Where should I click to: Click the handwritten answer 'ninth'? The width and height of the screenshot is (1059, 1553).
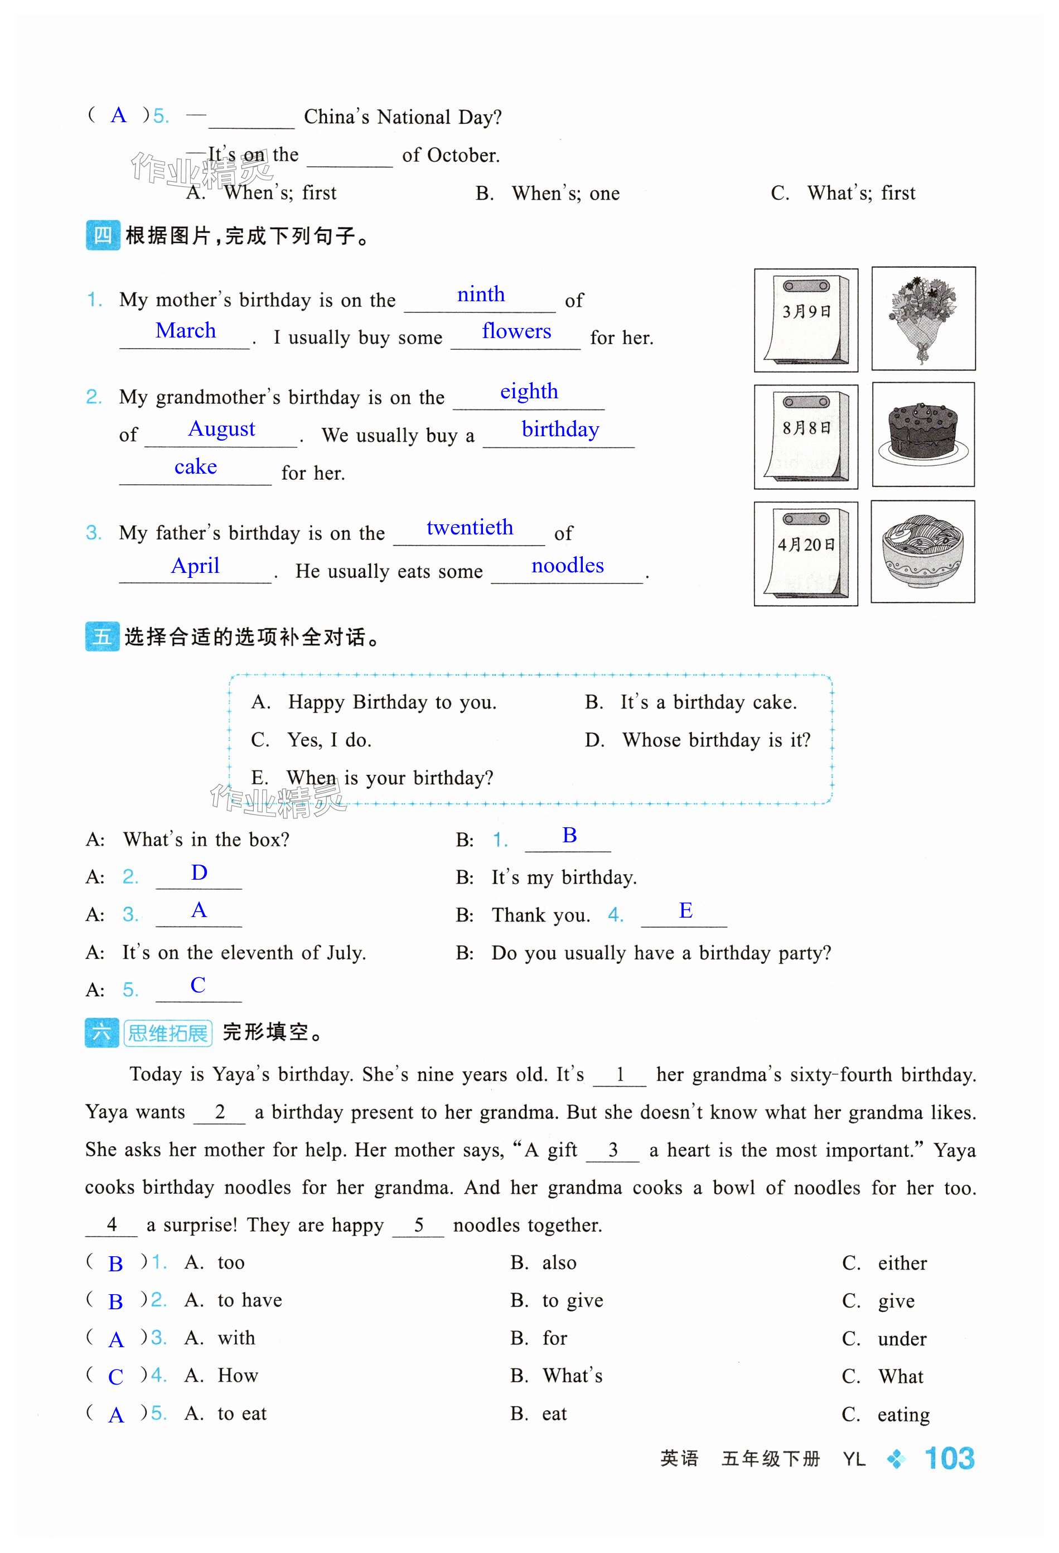[x=480, y=295]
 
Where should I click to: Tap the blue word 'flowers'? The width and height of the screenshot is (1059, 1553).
[x=516, y=331]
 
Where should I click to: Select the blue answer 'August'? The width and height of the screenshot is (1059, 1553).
[x=221, y=429]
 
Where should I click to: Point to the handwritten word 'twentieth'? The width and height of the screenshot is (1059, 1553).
[x=470, y=528]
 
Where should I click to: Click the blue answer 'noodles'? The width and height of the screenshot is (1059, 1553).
[x=567, y=566]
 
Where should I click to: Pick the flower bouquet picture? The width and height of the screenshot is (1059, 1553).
[x=923, y=319]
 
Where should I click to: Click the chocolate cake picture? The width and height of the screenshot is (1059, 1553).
[x=923, y=435]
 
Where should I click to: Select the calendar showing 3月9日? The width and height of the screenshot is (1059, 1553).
[x=806, y=320]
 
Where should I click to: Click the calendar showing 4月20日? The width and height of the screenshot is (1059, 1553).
[x=806, y=553]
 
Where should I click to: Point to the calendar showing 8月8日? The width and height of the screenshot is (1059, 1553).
[x=806, y=436]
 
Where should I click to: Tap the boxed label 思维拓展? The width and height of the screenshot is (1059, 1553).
[x=168, y=1033]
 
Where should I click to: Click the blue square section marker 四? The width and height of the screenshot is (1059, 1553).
[x=102, y=235]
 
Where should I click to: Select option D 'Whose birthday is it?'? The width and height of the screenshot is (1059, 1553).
[x=698, y=740]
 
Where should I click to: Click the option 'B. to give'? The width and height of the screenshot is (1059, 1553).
[x=557, y=1300]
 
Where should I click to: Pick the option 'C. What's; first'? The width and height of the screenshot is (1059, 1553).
[x=843, y=193]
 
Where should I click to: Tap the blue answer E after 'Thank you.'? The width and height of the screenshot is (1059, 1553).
[x=685, y=911]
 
